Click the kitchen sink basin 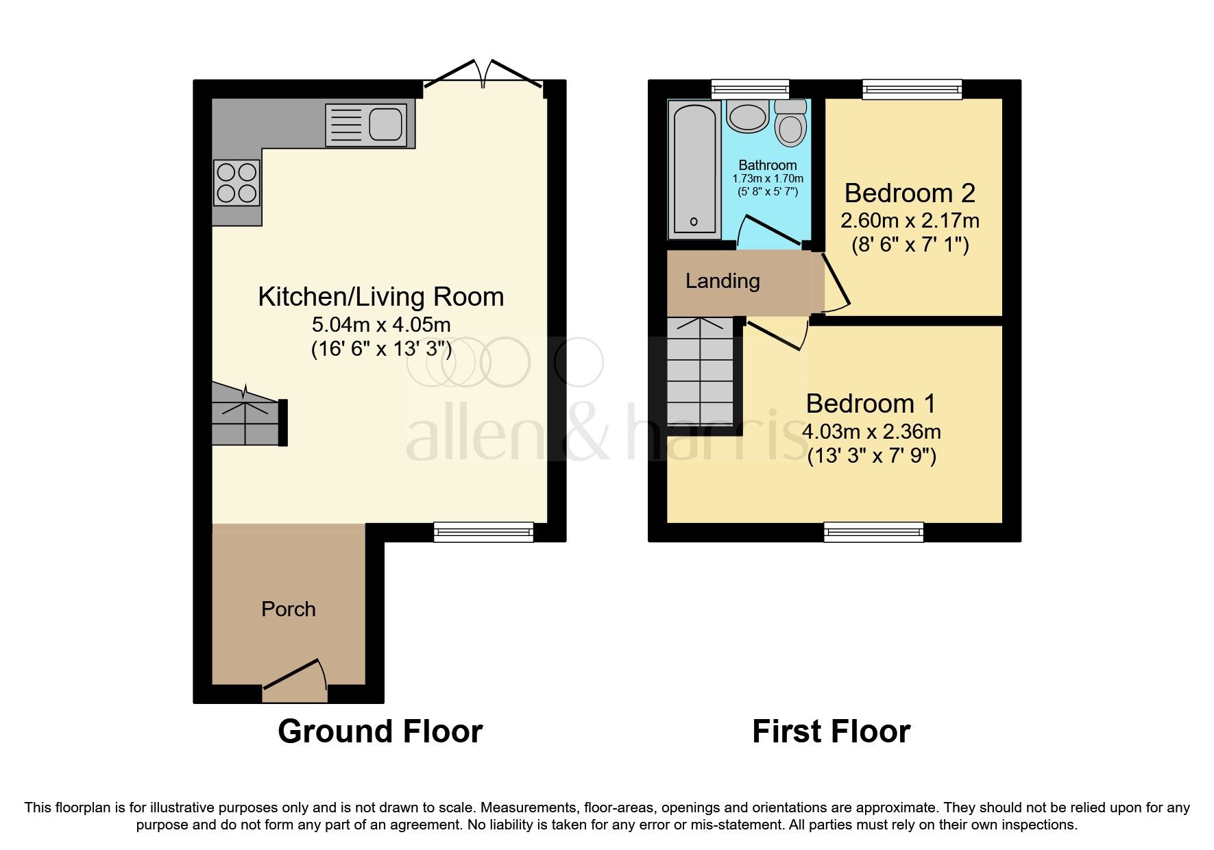tap(386, 125)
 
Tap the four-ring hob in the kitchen tap(237, 183)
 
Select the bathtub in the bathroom tap(693, 169)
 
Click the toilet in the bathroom tap(790, 123)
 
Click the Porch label tap(289, 609)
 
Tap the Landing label tap(723, 281)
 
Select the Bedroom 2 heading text tap(910, 193)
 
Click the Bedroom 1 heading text tap(871, 404)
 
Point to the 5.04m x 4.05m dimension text tap(381, 324)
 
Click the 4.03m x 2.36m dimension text tap(871, 432)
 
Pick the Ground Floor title tap(380, 731)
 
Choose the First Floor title tap(831, 731)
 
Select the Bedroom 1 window tap(873, 531)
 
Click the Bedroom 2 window tap(912, 89)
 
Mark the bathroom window tap(750, 89)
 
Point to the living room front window tap(483, 531)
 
